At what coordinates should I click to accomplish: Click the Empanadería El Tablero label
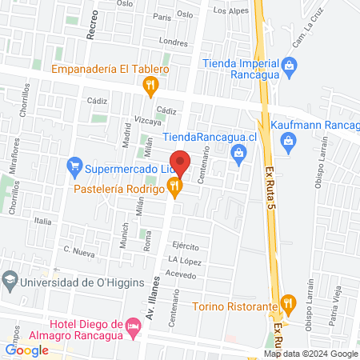pyautogui.click(x=110, y=70)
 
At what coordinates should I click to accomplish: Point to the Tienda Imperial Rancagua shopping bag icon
pyautogui.click(x=290, y=65)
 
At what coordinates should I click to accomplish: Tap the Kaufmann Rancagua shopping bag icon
pyautogui.click(x=289, y=141)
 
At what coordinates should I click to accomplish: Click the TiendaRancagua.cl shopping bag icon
pyautogui.click(x=237, y=152)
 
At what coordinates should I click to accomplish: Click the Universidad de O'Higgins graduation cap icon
pyautogui.click(x=10, y=281)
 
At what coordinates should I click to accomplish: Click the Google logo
pyautogui.click(x=27, y=350)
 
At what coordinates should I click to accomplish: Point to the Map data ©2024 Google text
pyautogui.click(x=312, y=354)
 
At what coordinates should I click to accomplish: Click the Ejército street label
pyautogui.click(x=184, y=246)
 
